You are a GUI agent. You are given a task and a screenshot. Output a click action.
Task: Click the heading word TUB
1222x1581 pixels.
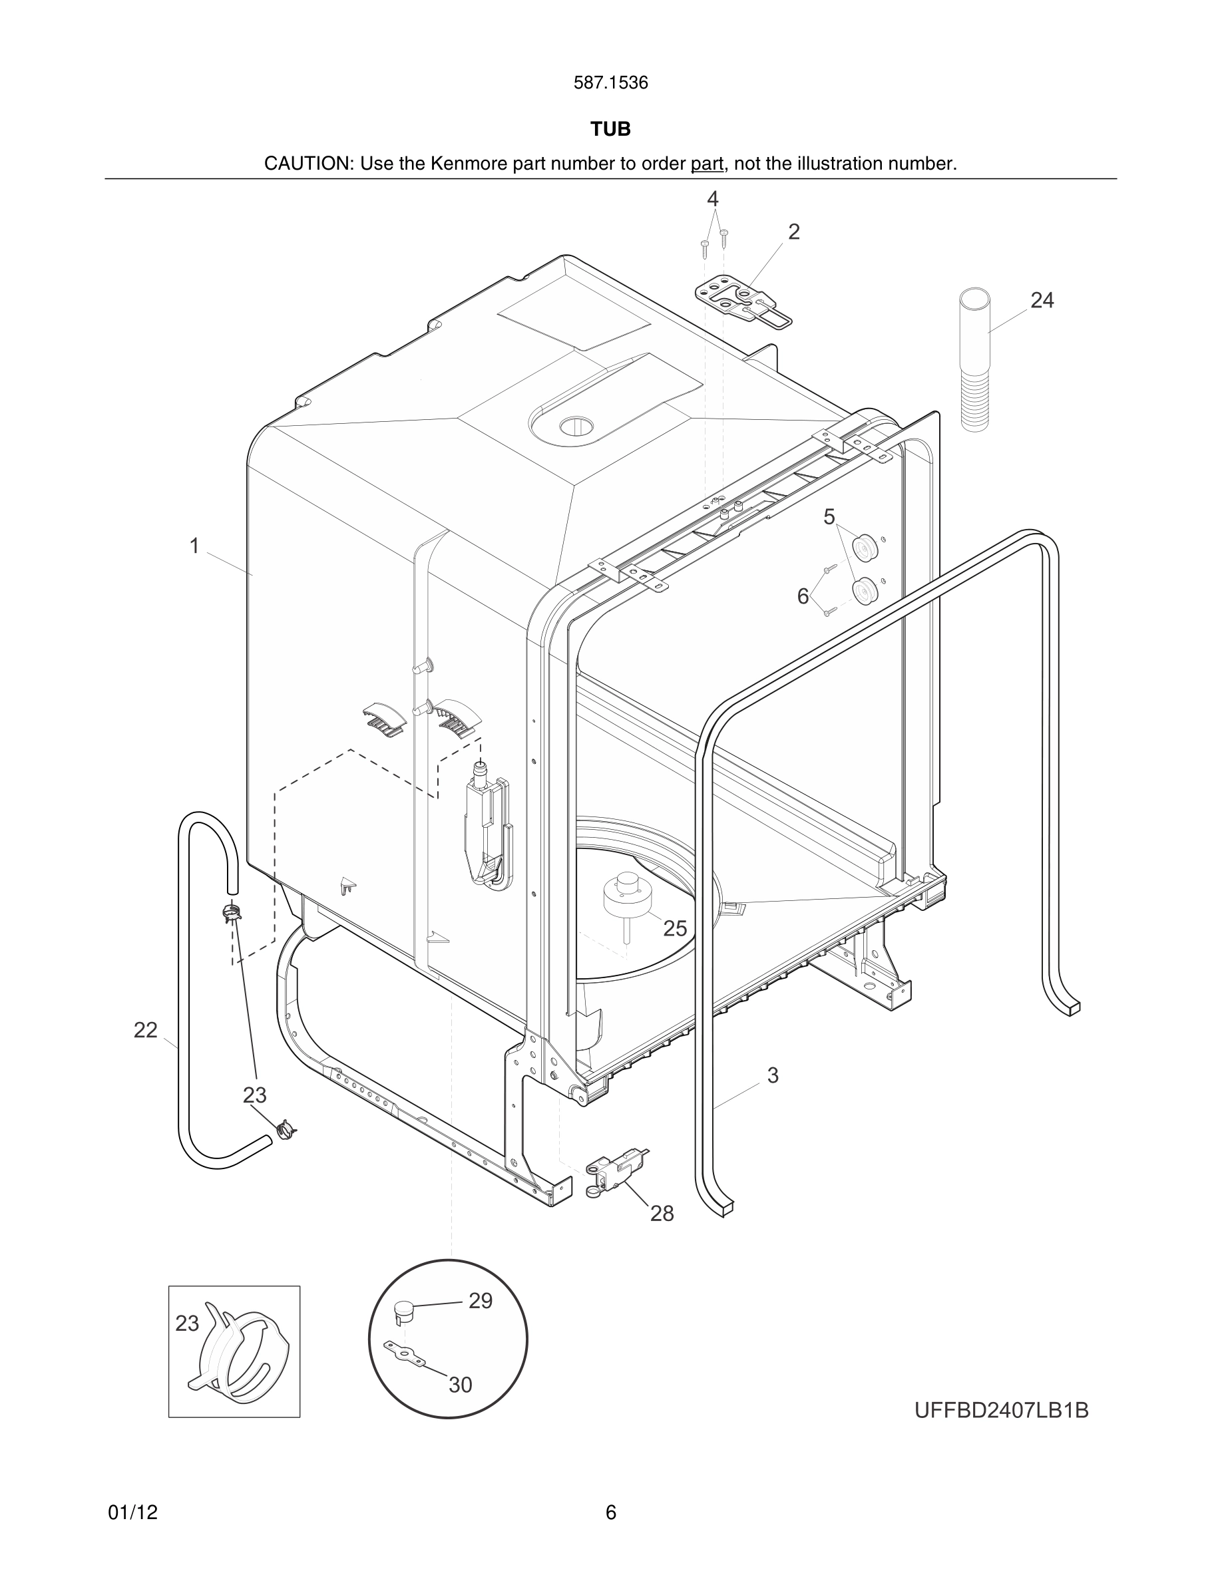(x=610, y=129)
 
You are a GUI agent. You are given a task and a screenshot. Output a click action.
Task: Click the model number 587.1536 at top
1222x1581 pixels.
(x=610, y=83)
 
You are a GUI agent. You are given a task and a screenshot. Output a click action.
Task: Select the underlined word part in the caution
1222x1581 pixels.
(x=707, y=164)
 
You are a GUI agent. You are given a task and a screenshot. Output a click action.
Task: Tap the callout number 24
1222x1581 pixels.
(x=1042, y=299)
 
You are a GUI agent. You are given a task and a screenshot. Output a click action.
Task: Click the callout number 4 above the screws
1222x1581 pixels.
(x=712, y=198)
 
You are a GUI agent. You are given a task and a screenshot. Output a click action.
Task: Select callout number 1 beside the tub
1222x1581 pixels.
(x=194, y=546)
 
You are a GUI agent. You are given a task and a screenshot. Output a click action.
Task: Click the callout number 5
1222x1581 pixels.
(x=829, y=517)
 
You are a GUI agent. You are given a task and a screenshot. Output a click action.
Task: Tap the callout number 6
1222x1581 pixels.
(x=803, y=596)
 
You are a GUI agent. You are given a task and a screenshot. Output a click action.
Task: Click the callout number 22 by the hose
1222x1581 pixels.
(x=146, y=1030)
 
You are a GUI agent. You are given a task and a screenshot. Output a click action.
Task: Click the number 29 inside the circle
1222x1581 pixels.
(x=481, y=1301)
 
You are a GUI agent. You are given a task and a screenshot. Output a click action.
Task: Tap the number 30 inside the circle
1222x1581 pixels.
(x=461, y=1385)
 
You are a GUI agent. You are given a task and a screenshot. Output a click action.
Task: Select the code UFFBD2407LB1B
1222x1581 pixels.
(x=1001, y=1411)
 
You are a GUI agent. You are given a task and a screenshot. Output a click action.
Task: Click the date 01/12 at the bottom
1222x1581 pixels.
(x=132, y=1512)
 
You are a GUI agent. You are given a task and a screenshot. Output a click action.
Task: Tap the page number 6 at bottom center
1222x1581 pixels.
(x=610, y=1512)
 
